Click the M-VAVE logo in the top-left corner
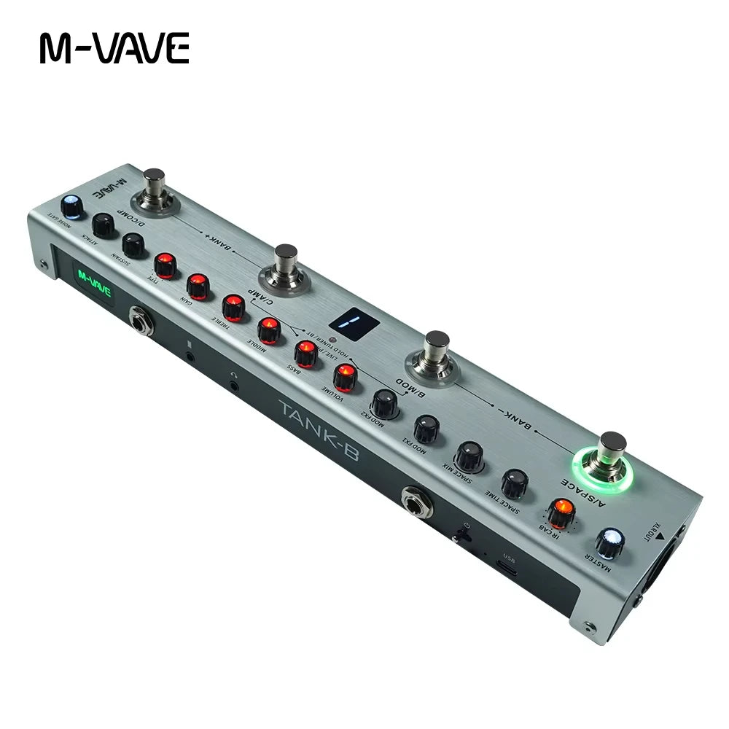pos(114,47)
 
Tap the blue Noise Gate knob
pos(71,206)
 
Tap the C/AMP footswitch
pos(285,267)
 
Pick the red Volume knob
pos(343,377)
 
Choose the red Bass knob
pos(305,354)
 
